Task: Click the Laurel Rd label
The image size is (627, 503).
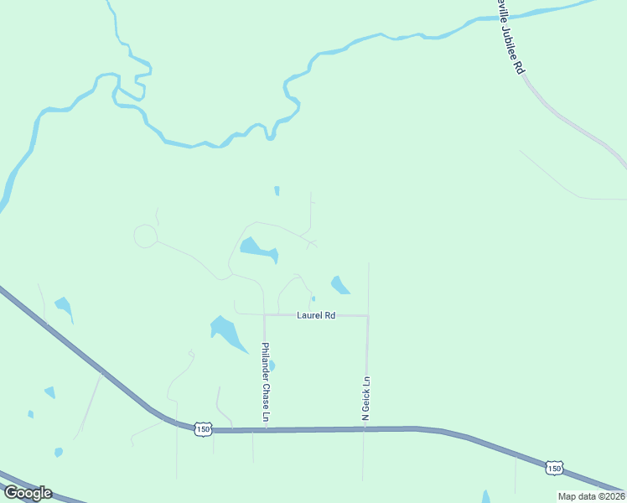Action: tap(316, 315)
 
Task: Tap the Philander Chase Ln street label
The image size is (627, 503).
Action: tap(265, 382)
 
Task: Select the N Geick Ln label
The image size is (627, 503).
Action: tap(365, 398)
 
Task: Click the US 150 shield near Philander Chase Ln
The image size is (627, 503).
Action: tap(202, 428)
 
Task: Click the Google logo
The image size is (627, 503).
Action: tap(28, 493)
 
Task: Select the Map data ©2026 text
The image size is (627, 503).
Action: tap(591, 496)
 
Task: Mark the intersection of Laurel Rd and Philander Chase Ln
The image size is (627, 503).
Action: tap(264, 315)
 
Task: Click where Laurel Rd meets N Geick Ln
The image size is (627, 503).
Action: tap(368, 316)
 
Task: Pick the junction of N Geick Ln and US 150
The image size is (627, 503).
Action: tap(365, 428)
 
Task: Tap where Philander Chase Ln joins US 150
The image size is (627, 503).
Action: tap(265, 429)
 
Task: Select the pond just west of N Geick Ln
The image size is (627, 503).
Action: tap(339, 285)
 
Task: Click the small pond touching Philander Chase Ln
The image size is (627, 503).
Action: tap(271, 366)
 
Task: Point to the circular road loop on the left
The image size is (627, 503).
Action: tap(145, 236)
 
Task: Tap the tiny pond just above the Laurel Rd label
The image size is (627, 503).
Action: tap(313, 298)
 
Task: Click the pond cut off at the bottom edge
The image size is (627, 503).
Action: tap(485, 496)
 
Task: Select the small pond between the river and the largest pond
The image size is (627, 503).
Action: tap(277, 190)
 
